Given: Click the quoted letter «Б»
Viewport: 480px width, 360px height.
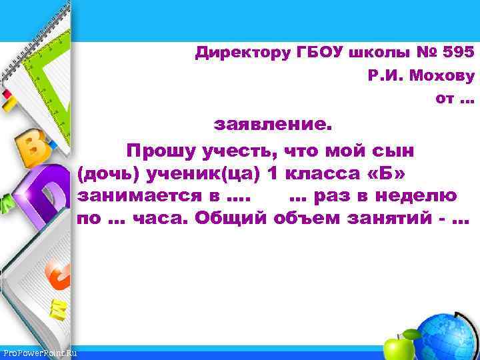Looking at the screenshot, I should pyautogui.click(x=388, y=173).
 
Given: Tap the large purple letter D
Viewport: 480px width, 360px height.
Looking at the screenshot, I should pyautogui.click(x=43, y=190).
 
